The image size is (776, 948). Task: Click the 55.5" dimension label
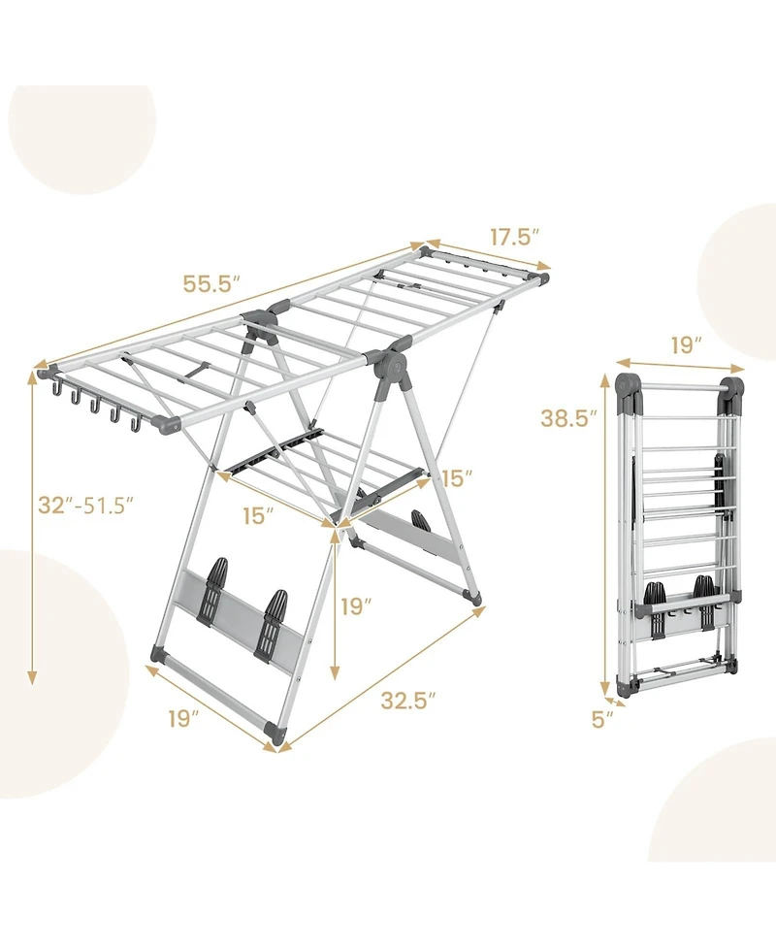click(x=211, y=285)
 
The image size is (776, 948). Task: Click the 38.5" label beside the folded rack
click(x=568, y=418)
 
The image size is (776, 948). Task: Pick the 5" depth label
click(x=602, y=719)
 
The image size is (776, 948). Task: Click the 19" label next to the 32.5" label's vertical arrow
click(x=357, y=606)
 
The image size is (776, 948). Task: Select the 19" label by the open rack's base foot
click(x=182, y=719)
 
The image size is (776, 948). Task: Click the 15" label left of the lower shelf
click(x=255, y=515)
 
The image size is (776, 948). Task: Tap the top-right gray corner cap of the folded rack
click(x=733, y=389)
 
